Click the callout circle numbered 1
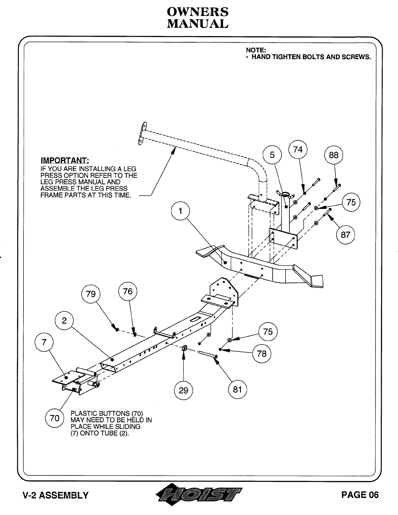180,212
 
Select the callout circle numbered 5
272,155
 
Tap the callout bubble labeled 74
298,149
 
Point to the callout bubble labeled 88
334,155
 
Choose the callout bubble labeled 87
345,234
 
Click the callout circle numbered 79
91,294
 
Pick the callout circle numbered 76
128,291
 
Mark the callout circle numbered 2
64,321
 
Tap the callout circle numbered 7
44,342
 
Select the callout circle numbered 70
55,417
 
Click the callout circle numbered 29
183,390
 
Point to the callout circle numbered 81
238,389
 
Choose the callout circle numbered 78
262,353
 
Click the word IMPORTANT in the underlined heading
65,161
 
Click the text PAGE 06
360,495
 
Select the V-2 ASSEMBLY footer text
55,495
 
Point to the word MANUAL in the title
197,24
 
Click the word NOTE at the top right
256,50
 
